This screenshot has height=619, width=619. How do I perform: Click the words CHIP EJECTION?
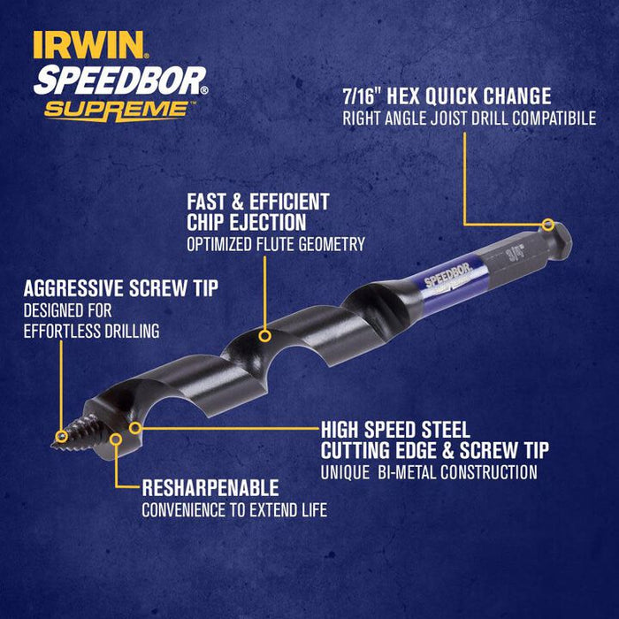pos(246,222)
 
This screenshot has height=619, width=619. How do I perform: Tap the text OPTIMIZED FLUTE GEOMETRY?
pos(275,244)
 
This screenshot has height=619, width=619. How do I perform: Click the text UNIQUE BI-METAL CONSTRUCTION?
pos(429,472)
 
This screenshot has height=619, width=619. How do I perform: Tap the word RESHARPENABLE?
pos(210,488)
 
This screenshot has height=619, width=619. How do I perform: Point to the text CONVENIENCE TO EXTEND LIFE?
pos(234,509)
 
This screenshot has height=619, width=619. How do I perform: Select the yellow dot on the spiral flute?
pos(264,335)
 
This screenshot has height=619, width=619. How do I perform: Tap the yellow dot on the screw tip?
pos(60,436)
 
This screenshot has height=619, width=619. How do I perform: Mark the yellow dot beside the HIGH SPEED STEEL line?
pos(135,428)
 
